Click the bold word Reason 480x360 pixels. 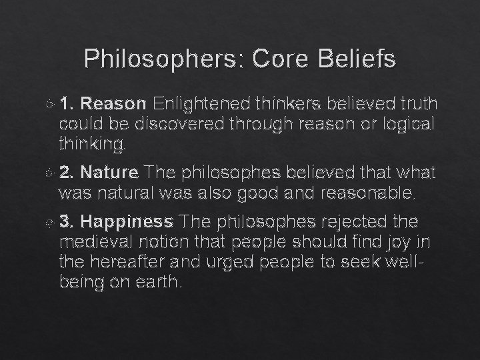tap(115, 104)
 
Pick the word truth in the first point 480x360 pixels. tap(415, 104)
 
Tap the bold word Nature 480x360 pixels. tap(111, 174)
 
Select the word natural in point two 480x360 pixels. tap(126, 193)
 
